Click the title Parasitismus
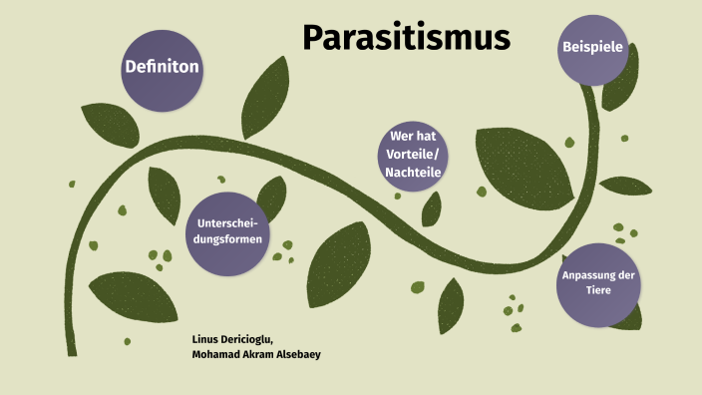(406, 38)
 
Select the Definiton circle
(162, 68)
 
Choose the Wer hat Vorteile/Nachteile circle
(412, 155)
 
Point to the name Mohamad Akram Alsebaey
(255, 354)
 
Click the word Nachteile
(412, 173)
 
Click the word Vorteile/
(412, 155)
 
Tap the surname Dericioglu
(249, 339)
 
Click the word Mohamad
(213, 354)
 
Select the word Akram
(253, 354)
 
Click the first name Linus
(204, 339)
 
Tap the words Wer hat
(412, 137)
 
